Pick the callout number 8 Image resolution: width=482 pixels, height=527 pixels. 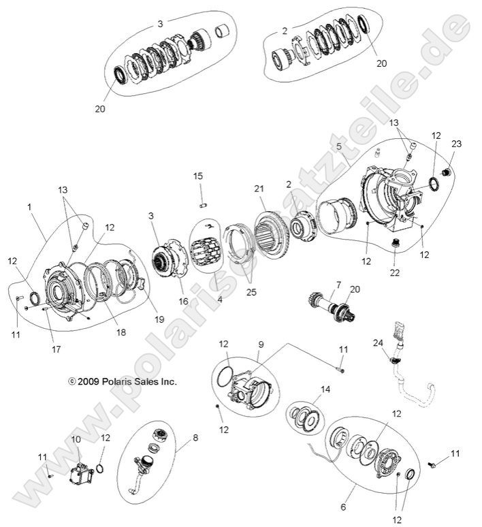196,438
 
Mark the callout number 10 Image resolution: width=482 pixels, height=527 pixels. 76,440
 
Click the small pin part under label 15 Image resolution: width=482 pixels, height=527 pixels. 202,204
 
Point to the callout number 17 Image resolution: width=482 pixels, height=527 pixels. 56,349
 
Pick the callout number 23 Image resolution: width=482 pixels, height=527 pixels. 456,144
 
